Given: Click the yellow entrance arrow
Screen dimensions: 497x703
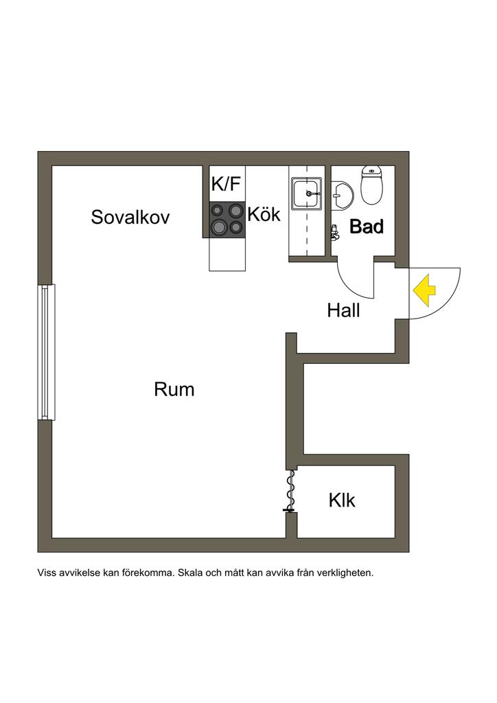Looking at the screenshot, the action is (425, 290).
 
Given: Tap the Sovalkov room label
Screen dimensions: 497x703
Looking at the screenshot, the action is (130, 218).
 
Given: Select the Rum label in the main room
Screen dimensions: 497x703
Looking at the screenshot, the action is (174, 390).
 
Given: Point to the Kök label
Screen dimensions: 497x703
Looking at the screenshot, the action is (264, 214).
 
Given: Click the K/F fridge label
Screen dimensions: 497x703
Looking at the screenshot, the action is (227, 184).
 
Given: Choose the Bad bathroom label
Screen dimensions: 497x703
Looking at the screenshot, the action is (367, 227).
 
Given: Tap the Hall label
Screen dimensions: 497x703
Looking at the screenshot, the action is (343, 311).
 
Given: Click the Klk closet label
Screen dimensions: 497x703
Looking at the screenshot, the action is (342, 500).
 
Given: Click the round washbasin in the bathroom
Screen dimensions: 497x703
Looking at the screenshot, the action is (342, 194).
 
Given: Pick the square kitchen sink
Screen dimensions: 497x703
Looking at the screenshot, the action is (306, 193).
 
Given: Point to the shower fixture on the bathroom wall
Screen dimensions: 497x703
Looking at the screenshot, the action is (334, 233).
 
